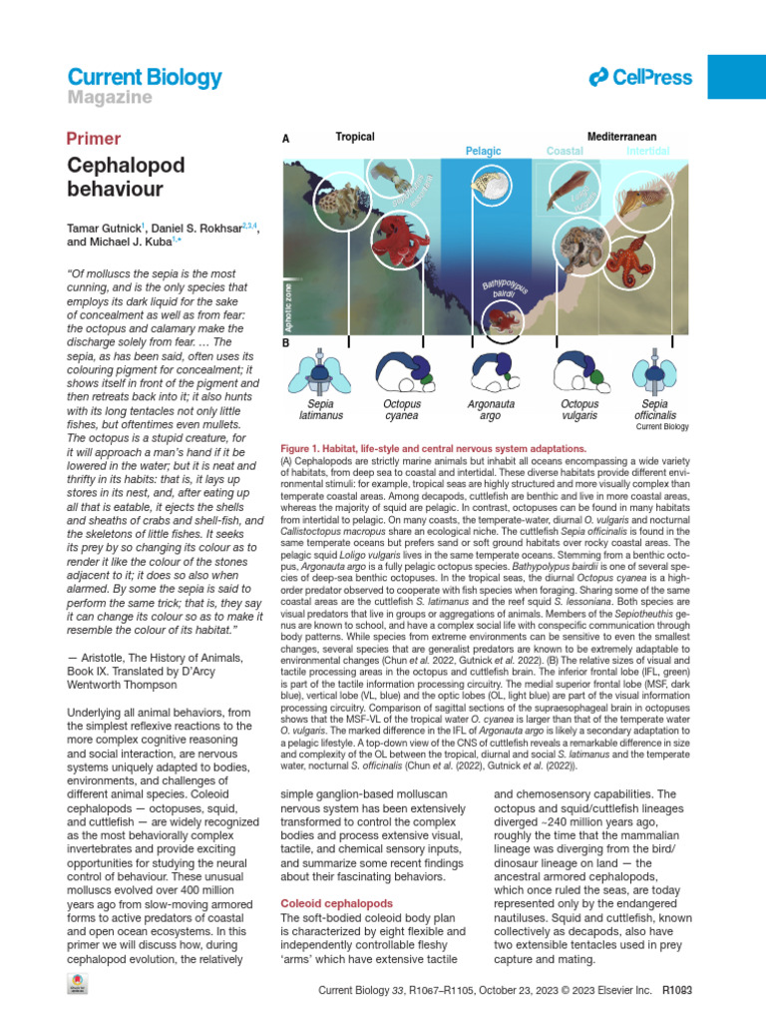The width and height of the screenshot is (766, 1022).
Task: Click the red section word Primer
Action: (x=93, y=139)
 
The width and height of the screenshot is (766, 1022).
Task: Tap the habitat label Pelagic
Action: (x=484, y=151)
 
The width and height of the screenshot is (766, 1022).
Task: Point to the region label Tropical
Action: (x=355, y=136)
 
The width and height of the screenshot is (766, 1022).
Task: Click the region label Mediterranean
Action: (x=621, y=136)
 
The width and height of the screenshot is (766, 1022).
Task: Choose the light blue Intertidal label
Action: (x=647, y=151)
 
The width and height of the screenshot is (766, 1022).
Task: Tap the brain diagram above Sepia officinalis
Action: (x=649, y=370)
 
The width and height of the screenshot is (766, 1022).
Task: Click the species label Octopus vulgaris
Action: (x=566, y=409)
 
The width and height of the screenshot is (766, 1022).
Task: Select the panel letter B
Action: (x=287, y=341)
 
